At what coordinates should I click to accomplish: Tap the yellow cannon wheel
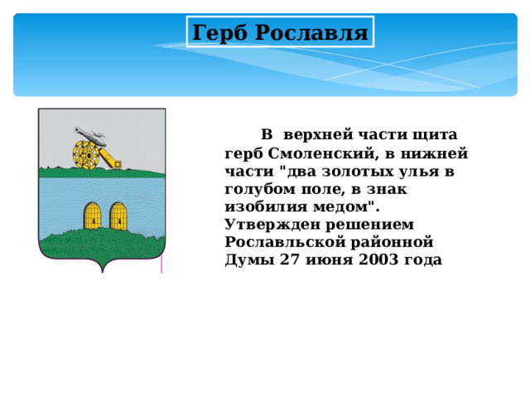coord(84,153)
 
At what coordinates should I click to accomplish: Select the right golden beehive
coord(118,215)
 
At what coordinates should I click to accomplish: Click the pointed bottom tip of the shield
coord(102,270)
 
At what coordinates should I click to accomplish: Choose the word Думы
coord(246,259)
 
